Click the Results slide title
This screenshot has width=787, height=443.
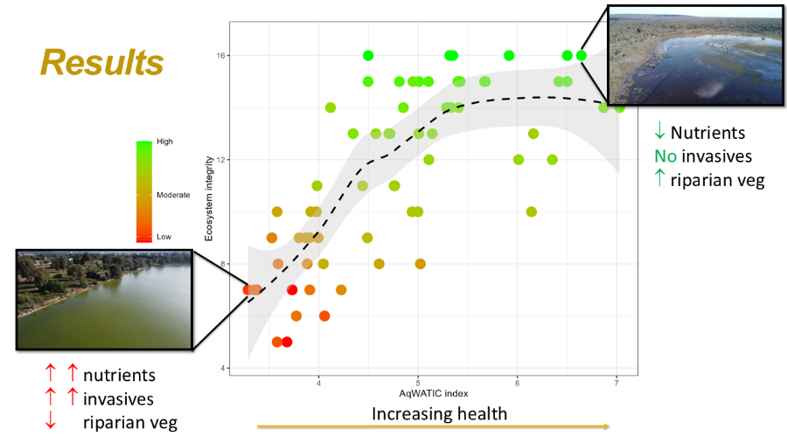coord(101,63)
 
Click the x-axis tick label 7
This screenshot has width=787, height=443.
coord(617,383)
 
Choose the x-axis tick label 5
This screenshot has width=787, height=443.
coord(418,383)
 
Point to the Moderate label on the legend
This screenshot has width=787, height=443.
coord(172,195)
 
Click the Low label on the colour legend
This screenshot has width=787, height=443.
coord(163,237)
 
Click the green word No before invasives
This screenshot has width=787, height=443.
coord(664,157)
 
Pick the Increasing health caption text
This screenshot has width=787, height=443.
coord(440,412)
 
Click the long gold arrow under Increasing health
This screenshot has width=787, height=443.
coord(433,426)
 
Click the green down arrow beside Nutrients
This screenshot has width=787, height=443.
coord(660,133)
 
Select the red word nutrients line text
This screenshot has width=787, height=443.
coord(119,376)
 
